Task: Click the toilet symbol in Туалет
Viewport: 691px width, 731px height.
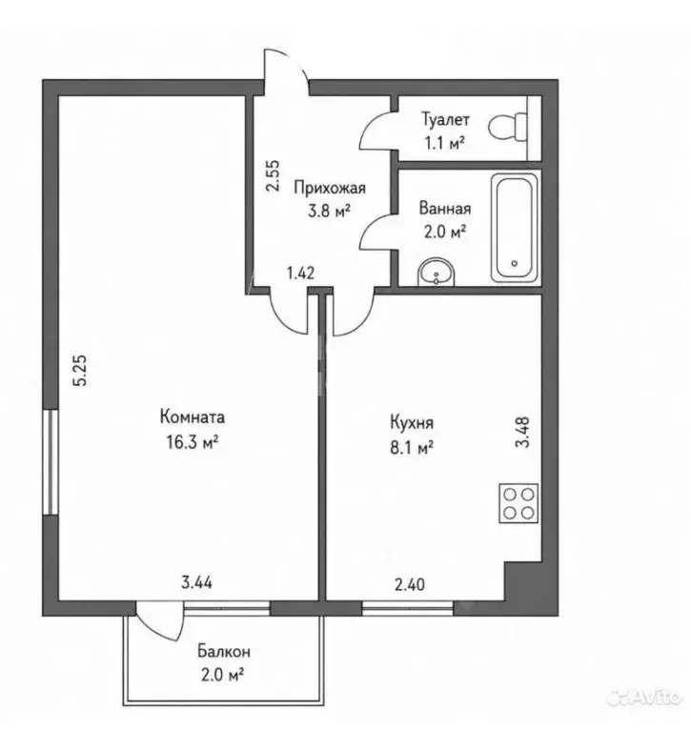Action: point(508,127)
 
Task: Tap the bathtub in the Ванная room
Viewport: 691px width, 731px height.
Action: point(515,227)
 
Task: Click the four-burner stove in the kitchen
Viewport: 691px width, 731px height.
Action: point(518,503)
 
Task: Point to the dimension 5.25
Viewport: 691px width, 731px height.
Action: point(80,371)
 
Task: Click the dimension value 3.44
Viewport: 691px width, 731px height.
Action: point(196,582)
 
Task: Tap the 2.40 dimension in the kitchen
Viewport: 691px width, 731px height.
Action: point(410,584)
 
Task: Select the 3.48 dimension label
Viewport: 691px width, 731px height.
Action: point(522,432)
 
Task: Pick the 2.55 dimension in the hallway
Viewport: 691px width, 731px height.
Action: point(273,175)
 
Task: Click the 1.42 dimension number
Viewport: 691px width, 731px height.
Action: point(301,273)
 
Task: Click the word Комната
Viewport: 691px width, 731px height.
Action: point(193,416)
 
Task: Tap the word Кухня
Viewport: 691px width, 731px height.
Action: point(412,423)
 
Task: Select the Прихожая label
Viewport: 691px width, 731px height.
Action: point(330,188)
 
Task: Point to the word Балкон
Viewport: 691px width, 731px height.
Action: point(224,651)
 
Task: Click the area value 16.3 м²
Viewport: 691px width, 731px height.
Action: point(193,441)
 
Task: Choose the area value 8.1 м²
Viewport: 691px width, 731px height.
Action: point(412,448)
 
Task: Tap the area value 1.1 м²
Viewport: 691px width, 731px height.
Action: point(444,143)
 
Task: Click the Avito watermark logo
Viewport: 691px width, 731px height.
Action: point(644,698)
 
